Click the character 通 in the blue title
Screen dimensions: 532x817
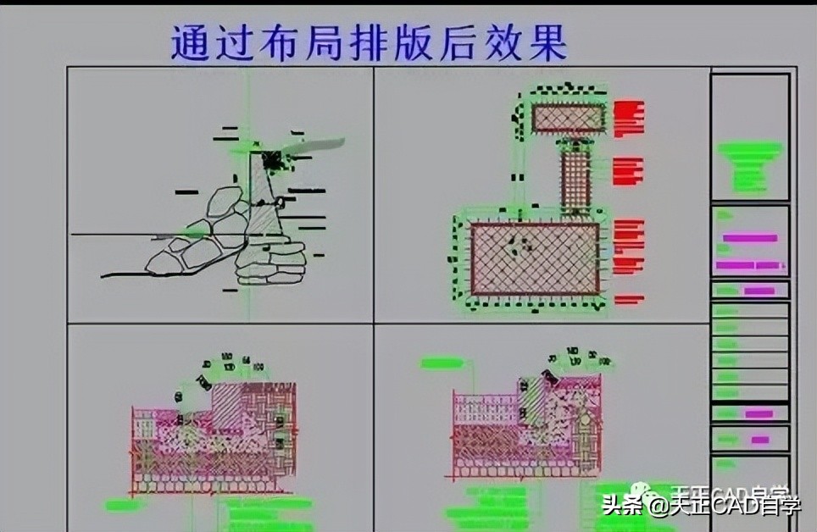pyautogui.click(x=190, y=42)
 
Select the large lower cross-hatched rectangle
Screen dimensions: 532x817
pyautogui.click(x=534, y=258)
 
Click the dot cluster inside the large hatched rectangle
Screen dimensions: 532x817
pyautogui.click(x=519, y=245)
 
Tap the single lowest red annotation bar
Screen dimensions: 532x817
pyautogui.click(x=629, y=299)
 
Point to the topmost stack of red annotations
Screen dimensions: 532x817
pyautogui.click(x=629, y=119)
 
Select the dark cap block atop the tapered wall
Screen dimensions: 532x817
pyautogui.click(x=272, y=159)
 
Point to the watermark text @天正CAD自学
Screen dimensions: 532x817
pyautogui.click(x=725, y=507)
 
